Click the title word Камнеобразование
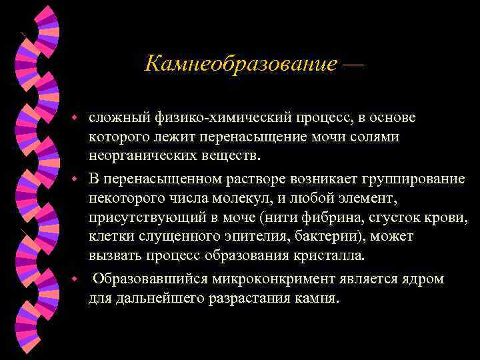coord(241,65)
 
